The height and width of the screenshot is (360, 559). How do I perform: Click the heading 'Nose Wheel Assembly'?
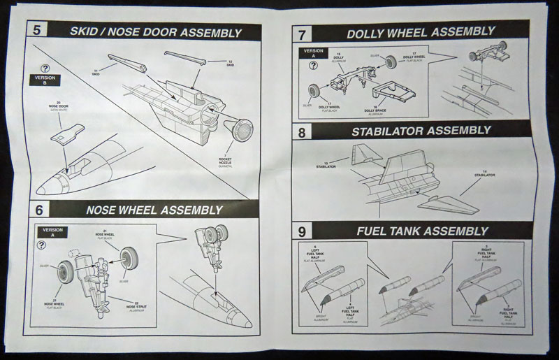154,210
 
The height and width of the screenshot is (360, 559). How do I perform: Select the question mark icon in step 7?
313,67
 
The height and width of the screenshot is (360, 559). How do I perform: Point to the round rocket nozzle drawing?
242,129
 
